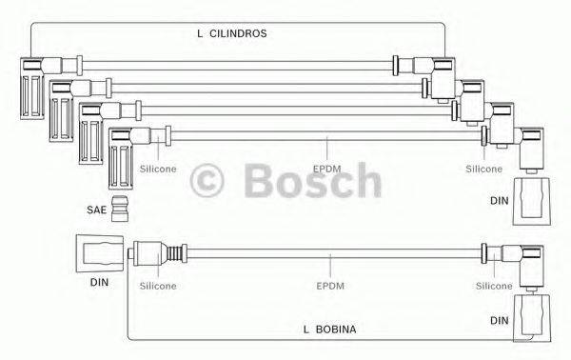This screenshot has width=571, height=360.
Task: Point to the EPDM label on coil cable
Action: (x=326, y=285)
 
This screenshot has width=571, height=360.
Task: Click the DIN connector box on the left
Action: (x=99, y=254)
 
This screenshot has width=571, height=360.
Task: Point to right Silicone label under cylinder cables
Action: (x=483, y=168)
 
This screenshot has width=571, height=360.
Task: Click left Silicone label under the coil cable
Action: (x=157, y=285)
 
